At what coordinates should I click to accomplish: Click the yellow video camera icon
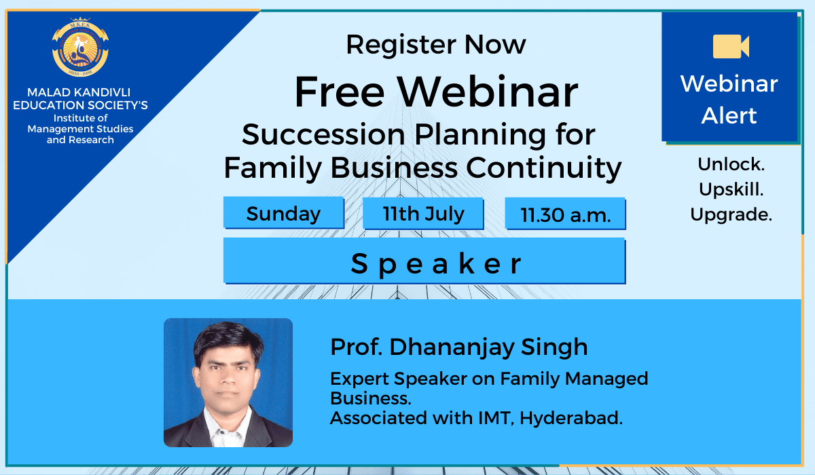click(731, 47)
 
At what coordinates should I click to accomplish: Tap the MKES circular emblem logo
click(80, 47)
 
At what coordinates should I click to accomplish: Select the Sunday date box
click(284, 213)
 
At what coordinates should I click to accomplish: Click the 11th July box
click(423, 214)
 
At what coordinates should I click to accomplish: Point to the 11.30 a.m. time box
click(565, 214)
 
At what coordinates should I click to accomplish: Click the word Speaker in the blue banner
click(436, 263)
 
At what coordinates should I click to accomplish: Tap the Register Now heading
click(436, 45)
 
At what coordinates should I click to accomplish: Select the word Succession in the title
click(323, 134)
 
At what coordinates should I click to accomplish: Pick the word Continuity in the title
click(543, 168)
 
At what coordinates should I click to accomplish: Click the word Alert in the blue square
click(729, 115)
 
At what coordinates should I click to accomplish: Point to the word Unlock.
click(731, 164)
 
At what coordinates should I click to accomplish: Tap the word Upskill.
click(731, 189)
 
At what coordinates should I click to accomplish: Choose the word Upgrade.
click(731, 214)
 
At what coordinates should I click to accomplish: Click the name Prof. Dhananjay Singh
click(459, 347)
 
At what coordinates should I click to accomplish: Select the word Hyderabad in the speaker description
click(571, 418)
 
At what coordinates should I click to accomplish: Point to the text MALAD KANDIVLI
click(79, 92)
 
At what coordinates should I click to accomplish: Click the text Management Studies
click(80, 129)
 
